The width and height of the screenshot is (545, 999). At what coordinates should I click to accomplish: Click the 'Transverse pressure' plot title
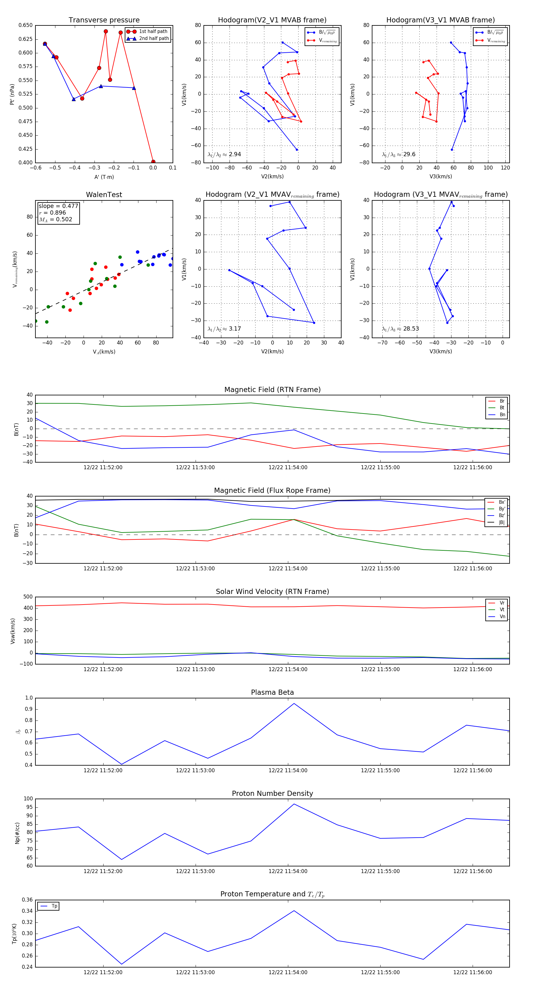[x=104, y=20]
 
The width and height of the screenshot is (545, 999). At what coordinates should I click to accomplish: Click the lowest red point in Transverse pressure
[x=153, y=162]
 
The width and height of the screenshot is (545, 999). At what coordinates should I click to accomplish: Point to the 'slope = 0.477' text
[x=58, y=206]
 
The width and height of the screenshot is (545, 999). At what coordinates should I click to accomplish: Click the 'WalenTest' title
[x=104, y=195]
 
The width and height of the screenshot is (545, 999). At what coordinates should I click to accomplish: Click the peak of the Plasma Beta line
[x=294, y=704]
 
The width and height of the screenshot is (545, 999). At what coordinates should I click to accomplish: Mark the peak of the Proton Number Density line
[x=294, y=804]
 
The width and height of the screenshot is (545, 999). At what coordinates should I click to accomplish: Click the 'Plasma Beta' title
[x=272, y=693]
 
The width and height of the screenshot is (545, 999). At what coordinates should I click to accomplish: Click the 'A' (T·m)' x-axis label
[x=104, y=177]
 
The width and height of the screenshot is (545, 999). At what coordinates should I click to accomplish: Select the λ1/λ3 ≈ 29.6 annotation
[x=398, y=154]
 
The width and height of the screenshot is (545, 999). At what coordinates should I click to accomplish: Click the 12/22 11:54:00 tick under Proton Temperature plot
[x=288, y=972]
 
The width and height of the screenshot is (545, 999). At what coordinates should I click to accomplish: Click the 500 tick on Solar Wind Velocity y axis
[x=28, y=597]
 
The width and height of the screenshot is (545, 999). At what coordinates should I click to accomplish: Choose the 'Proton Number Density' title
[x=272, y=793]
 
